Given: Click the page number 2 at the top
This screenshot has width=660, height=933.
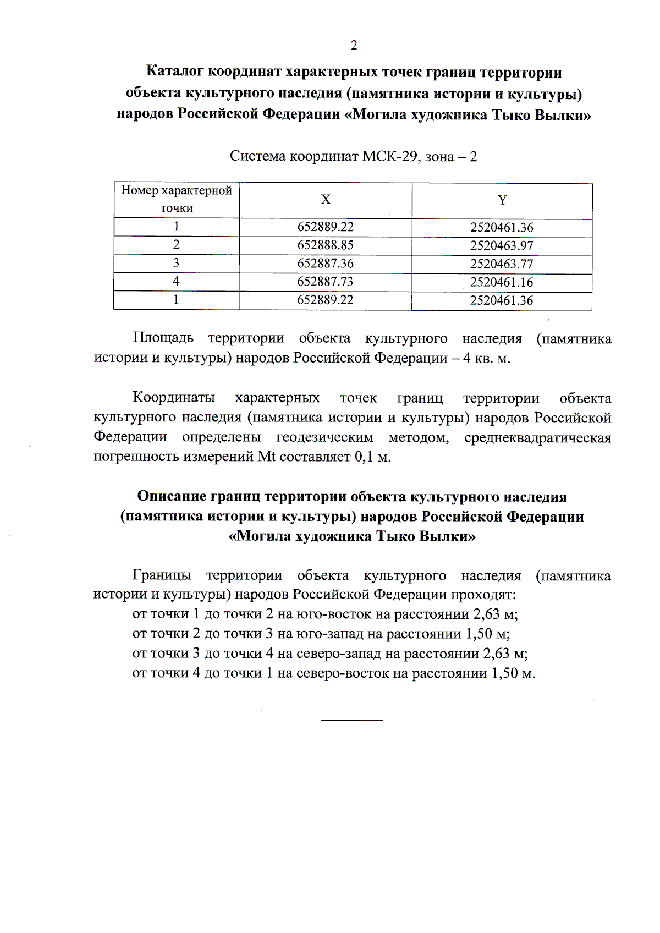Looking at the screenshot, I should tap(354, 45).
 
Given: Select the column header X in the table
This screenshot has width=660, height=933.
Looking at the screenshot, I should tap(326, 200).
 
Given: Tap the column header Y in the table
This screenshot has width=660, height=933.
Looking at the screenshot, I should tap(502, 200).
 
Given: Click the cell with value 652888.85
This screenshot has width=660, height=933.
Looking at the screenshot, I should tap(325, 245).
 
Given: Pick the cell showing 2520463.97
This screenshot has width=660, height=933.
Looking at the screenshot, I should tap(502, 246).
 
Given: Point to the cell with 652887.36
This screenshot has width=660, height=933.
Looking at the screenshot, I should tap(325, 263).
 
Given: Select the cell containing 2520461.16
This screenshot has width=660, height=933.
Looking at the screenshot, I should tap(502, 282).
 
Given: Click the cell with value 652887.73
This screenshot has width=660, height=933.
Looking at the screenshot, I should tap(325, 282).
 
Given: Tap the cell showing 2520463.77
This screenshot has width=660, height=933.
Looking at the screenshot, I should tap(502, 264).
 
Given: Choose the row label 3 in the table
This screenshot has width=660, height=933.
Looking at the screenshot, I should tap(176, 263).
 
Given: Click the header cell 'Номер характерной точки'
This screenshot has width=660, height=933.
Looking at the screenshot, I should tap(177, 199).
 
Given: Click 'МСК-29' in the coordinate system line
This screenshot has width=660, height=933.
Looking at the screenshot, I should tap(391, 157).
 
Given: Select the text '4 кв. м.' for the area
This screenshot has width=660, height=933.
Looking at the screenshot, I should tap(487, 359).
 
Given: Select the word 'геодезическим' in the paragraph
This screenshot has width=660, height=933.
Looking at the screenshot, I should tap(324, 438).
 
